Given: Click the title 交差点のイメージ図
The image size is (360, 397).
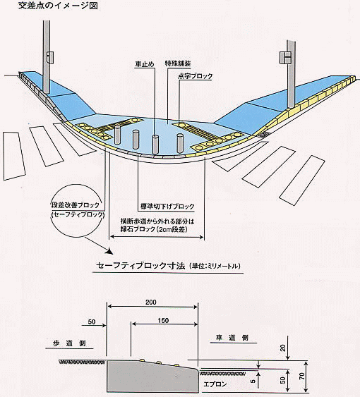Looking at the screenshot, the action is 58,6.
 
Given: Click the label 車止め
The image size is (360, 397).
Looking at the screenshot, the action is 145,64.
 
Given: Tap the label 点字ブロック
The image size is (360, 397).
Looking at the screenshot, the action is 196,76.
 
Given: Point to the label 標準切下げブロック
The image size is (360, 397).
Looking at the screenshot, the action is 167,207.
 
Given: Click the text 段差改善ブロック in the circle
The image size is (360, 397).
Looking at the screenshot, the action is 75,204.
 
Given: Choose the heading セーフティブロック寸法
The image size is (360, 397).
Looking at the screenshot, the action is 141,266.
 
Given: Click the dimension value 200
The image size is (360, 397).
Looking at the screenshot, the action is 151,302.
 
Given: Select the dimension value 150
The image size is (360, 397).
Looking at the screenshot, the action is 163,321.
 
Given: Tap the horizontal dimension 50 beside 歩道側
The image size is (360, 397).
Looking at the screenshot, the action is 92,322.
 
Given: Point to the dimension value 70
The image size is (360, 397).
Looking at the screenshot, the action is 301,377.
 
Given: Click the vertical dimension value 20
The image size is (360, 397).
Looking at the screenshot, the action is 283,348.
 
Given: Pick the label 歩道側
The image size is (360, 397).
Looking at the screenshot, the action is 69,343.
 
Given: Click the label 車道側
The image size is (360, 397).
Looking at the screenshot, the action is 232,338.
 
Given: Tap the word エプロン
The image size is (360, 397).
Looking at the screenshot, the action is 215,384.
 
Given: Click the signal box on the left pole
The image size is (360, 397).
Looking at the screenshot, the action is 49,57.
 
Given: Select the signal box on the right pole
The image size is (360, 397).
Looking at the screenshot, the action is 285,57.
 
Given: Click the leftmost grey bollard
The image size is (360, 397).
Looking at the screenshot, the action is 117,135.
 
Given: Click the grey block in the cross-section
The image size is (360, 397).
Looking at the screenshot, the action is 152,377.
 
